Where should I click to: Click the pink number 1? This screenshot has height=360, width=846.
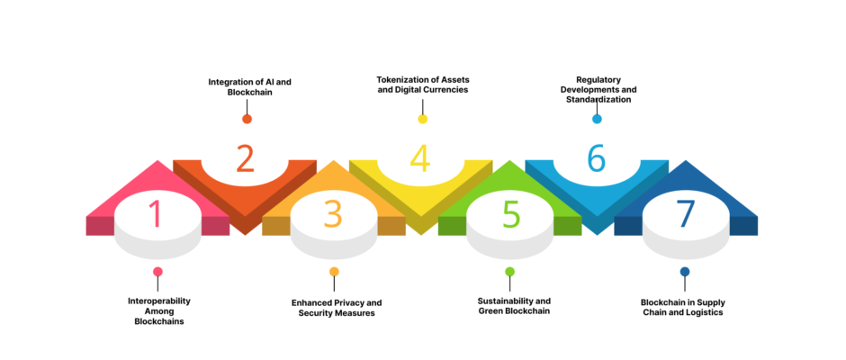pos(156,213)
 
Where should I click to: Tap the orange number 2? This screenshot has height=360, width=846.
pos(245,158)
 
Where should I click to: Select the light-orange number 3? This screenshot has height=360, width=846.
pos(333,213)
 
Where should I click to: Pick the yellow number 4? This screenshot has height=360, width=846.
pos(419,158)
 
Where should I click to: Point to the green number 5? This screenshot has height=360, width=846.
pos(510,213)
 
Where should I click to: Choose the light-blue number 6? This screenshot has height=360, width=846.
pos(596,158)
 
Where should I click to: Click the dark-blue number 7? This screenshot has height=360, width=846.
pos(686,213)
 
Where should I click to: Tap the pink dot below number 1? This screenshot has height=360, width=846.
pos(157,272)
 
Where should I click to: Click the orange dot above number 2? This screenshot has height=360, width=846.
pos(247,119)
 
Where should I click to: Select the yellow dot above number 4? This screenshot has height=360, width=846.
pos(422,119)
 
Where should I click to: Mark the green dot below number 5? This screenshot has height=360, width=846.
pos(510,272)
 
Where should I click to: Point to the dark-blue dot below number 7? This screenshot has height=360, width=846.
pos(685,272)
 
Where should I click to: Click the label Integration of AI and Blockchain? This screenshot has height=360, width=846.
pos(250,87)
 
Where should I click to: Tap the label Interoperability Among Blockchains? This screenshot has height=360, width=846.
pos(159,310)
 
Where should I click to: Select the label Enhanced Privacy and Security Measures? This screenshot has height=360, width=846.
pos(337,308)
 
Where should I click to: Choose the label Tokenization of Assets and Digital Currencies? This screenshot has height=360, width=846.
pos(422,85)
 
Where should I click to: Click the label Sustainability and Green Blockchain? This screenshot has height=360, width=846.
pos(514,305)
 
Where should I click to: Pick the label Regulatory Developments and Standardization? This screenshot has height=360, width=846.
pos(598,90)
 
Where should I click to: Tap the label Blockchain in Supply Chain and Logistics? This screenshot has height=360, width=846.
pos(683,307)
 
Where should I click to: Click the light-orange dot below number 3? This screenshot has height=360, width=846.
pos(334,272)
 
